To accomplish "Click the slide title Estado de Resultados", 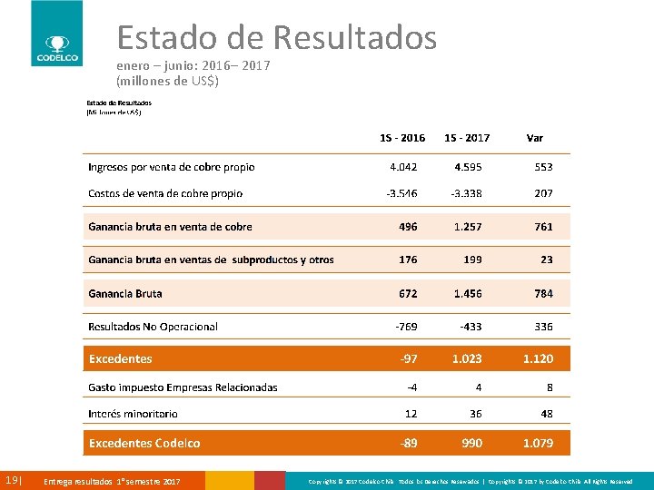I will [277, 38].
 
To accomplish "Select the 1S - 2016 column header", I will [402, 138].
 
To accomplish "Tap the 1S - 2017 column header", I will [467, 138].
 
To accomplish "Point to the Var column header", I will [535, 138].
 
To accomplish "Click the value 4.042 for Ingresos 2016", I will [403, 167].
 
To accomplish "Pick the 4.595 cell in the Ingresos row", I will [468, 167].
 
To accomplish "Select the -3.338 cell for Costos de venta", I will [466, 193].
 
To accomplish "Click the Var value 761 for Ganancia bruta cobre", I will [543, 227].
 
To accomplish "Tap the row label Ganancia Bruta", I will [125, 294].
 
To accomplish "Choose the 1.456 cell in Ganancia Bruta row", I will [468, 294].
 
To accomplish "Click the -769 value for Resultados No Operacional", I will [406, 327].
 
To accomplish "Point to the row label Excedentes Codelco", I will [144, 443].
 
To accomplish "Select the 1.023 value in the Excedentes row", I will [467, 359].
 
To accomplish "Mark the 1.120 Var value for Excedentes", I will [538, 359].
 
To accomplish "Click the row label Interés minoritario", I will [133, 414].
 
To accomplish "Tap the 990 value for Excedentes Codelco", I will [471, 443].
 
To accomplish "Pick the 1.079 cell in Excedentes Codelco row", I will [538, 443].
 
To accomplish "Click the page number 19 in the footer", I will [13, 480].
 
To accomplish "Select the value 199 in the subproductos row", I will [472, 260].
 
